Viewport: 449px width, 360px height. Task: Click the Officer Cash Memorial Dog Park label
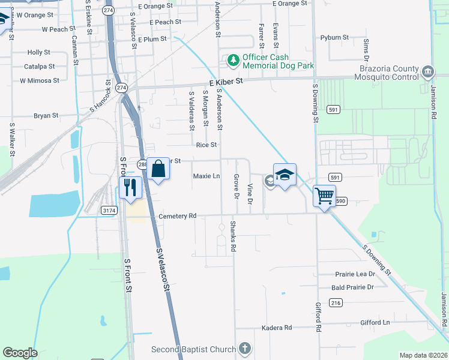coord(278,61)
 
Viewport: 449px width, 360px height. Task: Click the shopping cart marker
coord(324,195)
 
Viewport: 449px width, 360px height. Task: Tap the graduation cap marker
coord(285,175)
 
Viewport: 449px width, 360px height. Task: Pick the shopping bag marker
coord(158,169)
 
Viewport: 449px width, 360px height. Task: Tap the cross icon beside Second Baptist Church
coord(244,348)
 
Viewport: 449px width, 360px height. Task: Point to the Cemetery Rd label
coord(177,216)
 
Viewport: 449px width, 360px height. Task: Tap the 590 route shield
coord(341,200)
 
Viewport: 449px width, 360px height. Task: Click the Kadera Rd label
coord(276,328)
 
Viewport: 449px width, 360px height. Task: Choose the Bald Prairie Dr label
coord(352,287)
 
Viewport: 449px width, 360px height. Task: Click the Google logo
coord(20,353)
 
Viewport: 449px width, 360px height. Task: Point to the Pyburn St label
coord(334,37)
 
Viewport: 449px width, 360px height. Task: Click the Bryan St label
coord(46,116)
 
